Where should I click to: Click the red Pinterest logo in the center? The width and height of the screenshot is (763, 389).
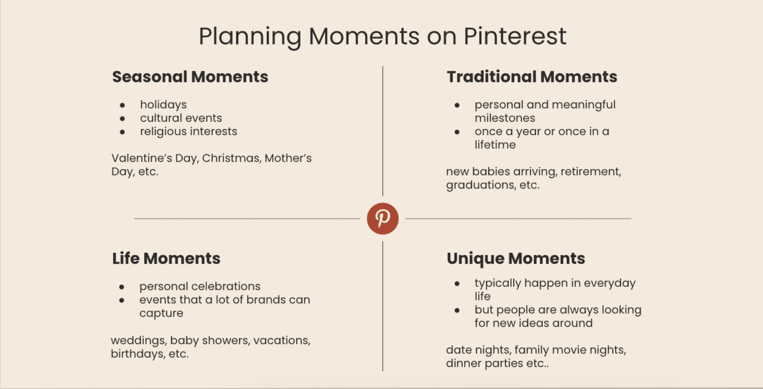pos(382,218)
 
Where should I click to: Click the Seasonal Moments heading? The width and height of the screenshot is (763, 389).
pos(190,77)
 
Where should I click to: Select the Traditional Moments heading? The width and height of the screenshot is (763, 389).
pos(532,77)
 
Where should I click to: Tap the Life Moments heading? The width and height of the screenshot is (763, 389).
pos(166,258)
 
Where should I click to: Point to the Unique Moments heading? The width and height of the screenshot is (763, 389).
pos(516,259)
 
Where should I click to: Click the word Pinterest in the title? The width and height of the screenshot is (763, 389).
pos(515,36)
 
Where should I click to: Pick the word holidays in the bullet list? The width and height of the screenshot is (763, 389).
pos(163,105)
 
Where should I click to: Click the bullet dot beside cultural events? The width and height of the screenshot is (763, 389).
pos(122,119)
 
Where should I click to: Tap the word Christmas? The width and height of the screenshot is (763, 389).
pos(231,158)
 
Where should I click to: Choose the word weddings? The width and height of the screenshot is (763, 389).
pos(138,341)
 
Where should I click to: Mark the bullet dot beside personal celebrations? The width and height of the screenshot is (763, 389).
pos(122,287)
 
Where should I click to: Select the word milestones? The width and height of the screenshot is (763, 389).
pos(505,118)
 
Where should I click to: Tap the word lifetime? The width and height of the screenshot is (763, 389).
pos(495,145)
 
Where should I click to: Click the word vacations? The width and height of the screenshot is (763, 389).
pos(282,341)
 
